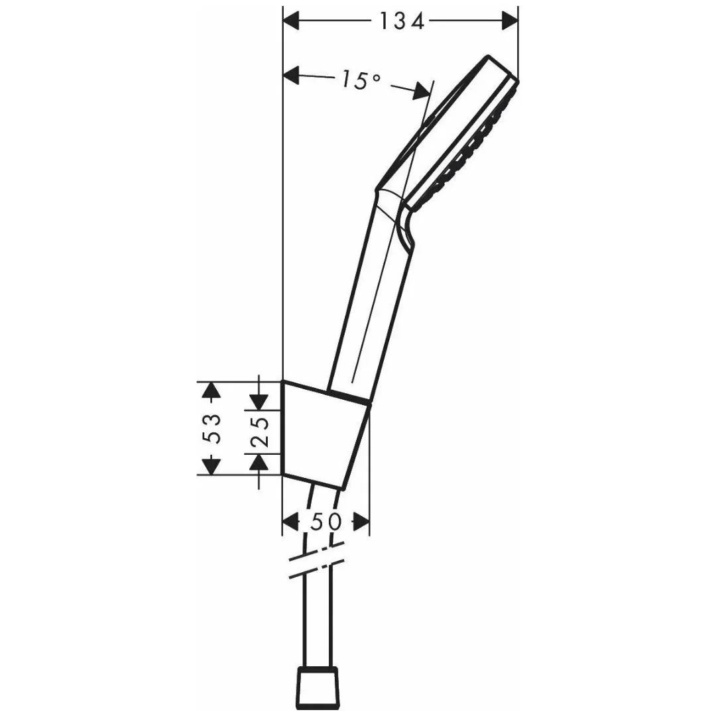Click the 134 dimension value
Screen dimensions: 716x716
coord(401,22)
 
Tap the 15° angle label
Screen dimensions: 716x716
coord(361,80)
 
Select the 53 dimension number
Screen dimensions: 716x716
coord(211,428)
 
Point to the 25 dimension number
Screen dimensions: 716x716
coord(259,432)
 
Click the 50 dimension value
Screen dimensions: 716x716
coord(326,522)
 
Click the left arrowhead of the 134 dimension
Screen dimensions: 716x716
coord(292,22)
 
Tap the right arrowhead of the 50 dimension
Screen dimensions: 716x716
coord(361,522)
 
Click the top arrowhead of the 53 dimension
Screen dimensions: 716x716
coord(211,391)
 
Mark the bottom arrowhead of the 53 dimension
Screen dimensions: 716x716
coord(211,465)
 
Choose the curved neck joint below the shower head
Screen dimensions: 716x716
coord(398,212)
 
